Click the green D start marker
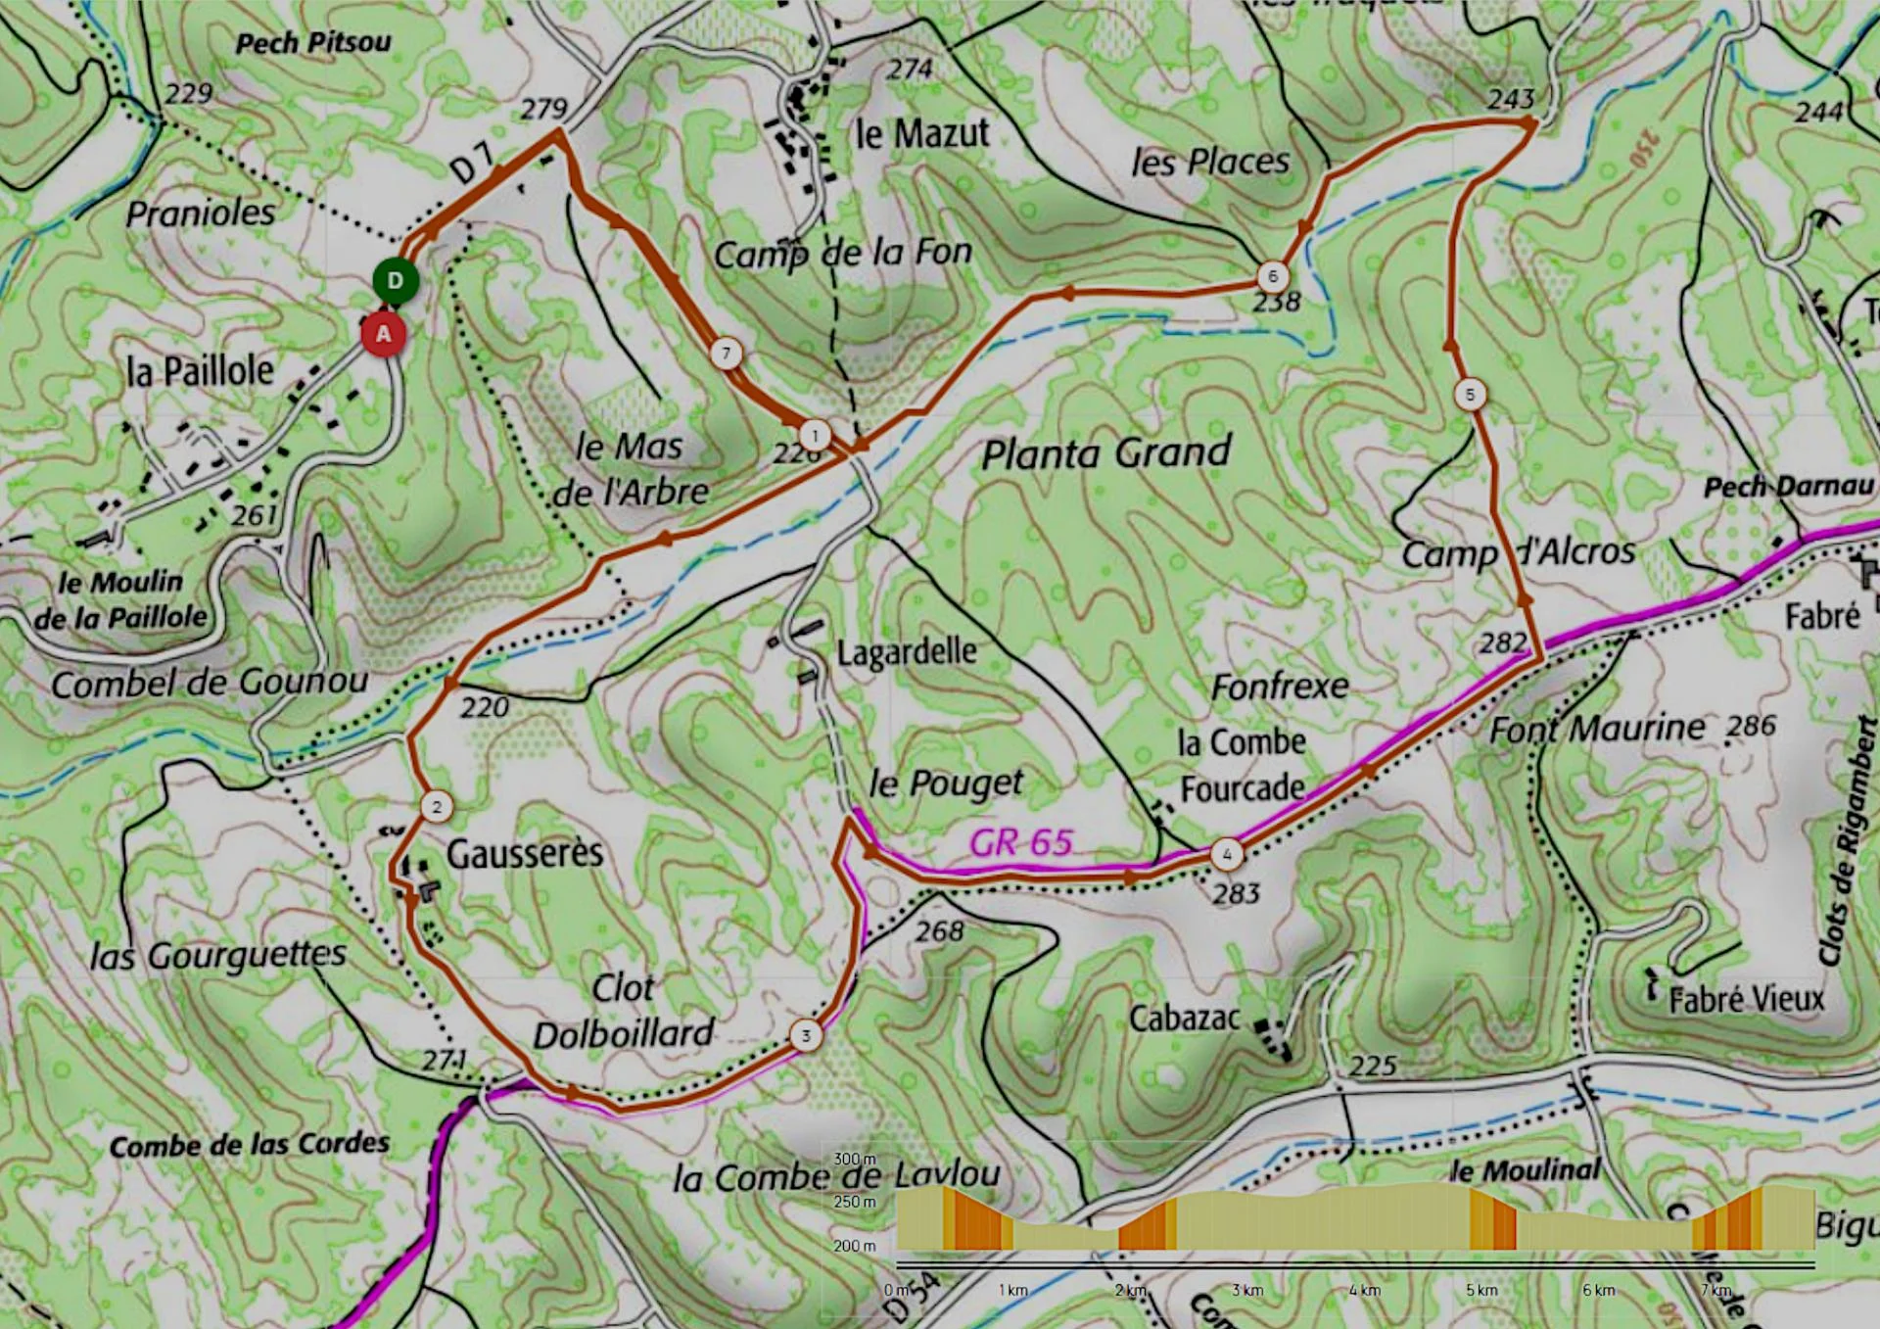[395, 281]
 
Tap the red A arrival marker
[383, 334]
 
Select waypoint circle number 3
[806, 1035]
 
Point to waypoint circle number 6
[1272, 276]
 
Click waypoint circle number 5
[1470, 395]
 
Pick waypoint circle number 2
[437, 807]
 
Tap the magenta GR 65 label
[1021, 842]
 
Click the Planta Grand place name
[1105, 453]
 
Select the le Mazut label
[921, 134]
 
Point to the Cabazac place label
[1185, 1019]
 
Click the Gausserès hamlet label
[525, 854]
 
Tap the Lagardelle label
[907, 651]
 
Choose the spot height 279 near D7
[543, 108]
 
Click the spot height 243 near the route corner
[1511, 99]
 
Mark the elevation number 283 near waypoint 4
[1236, 893]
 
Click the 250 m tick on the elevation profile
[855, 1202]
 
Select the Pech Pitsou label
[313, 42]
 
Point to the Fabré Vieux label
[1747, 1000]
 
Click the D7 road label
[472, 164]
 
